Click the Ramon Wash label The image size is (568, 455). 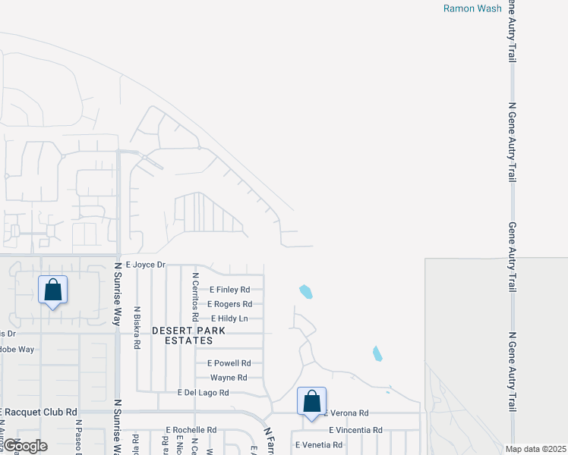coord(472,8)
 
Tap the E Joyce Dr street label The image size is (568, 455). coord(145,265)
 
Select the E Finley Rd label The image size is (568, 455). coord(229,290)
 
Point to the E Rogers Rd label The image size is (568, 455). coord(231,304)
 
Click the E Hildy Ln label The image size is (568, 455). coord(229,318)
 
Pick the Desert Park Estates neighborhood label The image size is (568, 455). coord(181,336)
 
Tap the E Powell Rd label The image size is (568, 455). coord(229,363)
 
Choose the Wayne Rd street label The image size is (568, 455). coord(229,378)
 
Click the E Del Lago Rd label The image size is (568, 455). coord(203,393)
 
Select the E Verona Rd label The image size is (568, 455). coord(346,413)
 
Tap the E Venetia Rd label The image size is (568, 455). coord(319,444)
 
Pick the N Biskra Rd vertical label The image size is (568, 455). coord(137,327)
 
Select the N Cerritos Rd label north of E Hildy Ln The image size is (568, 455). coord(195,297)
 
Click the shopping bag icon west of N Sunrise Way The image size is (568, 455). coord(52,290)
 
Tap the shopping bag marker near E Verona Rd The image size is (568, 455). coord(311,401)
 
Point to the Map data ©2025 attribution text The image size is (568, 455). coord(536,448)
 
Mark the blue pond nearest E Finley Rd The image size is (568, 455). coord(306,290)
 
